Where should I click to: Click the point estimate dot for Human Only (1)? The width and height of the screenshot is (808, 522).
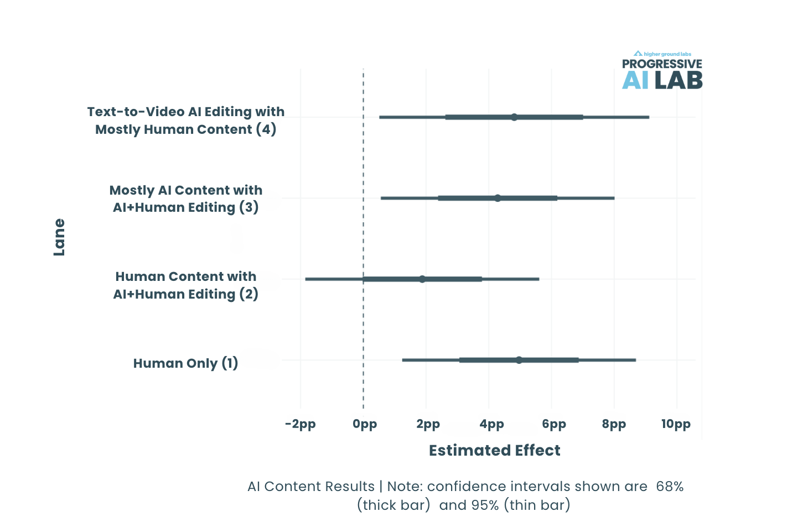pos(519,360)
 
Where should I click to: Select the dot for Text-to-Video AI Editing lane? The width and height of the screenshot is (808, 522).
pos(514,117)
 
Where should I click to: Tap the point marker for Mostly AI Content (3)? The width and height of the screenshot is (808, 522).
pos(498,198)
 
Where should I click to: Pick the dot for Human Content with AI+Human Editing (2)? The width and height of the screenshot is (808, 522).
pos(422,279)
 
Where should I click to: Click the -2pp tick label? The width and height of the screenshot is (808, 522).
pos(301,424)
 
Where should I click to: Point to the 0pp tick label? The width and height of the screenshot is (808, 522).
pos(365,424)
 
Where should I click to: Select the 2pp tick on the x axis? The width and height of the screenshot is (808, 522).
pos(428,424)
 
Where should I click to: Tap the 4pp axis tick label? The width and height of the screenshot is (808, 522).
pos(491,424)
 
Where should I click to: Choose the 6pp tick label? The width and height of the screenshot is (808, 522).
pos(554,424)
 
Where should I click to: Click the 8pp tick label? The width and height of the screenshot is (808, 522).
pos(614,424)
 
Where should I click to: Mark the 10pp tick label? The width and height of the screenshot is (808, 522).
pos(676,424)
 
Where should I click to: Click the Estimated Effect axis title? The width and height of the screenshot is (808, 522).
pos(495,451)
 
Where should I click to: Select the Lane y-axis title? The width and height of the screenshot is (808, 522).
pos(59,237)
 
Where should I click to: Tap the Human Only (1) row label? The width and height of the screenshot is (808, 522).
pos(185,363)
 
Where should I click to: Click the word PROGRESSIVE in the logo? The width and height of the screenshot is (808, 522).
pos(662,64)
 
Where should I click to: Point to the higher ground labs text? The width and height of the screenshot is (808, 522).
pos(667,54)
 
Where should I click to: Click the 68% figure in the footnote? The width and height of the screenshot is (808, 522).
pos(670,487)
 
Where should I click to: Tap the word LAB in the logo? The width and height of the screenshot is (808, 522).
pos(678,81)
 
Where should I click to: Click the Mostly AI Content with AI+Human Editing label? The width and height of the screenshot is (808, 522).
pos(186,199)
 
